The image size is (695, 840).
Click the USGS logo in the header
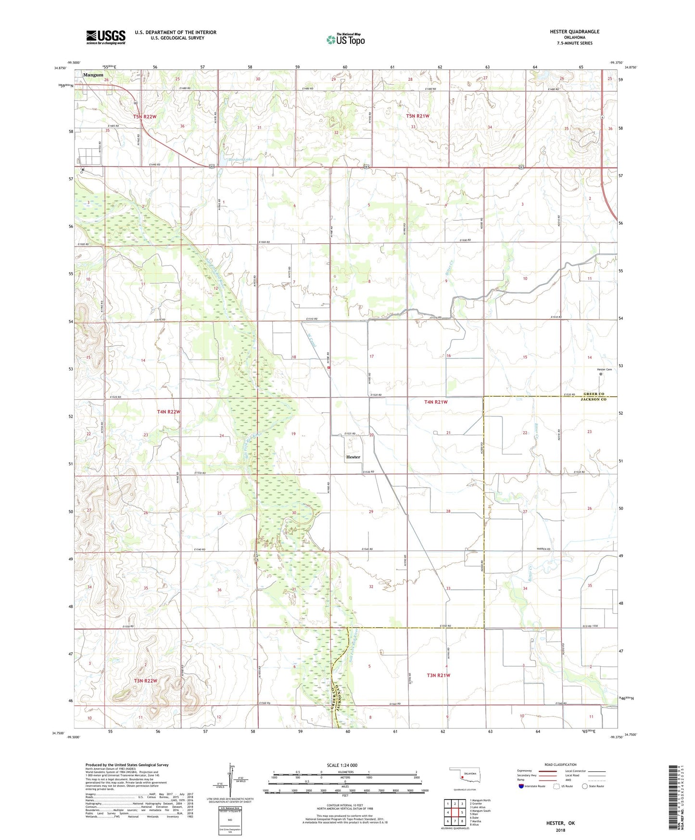(105, 37)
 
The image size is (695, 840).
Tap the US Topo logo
(345, 39)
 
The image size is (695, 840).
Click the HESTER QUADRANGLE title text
(574, 32)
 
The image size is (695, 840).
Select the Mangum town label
(93, 75)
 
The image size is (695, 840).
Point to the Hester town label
(353, 457)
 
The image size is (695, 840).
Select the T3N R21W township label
(438, 675)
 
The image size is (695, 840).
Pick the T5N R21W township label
(417, 116)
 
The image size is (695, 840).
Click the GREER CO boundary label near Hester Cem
(593, 394)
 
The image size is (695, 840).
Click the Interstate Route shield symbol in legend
(521, 786)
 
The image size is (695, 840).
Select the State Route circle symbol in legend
(584, 786)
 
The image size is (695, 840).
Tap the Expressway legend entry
(526, 771)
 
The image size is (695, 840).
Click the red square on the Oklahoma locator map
(462, 776)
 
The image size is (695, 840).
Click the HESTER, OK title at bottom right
(560, 823)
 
